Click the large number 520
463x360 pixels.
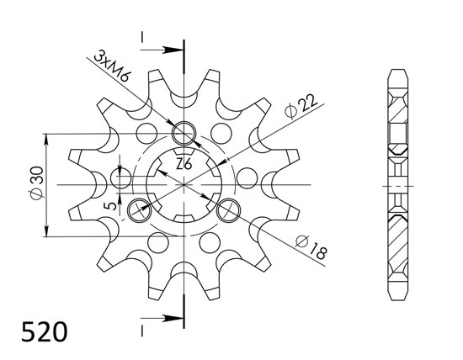[x=45, y=331]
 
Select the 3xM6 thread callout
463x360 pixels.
[x=112, y=66]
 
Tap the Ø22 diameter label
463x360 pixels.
[x=301, y=106]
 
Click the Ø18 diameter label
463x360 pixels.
[x=311, y=248]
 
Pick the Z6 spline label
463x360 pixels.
[x=184, y=164]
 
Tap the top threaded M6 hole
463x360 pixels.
[x=184, y=133]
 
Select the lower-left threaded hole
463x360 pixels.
[x=139, y=209]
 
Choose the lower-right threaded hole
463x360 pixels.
[x=228, y=209]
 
